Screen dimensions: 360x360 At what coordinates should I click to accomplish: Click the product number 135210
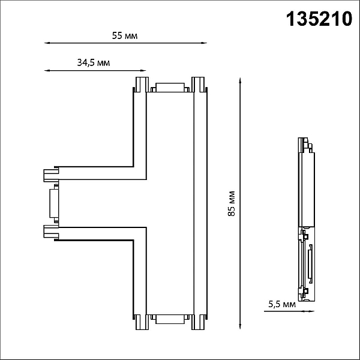[x=319, y=19]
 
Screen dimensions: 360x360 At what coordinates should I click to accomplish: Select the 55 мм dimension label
[x=125, y=36]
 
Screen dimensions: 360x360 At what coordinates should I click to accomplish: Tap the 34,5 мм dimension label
[x=94, y=62]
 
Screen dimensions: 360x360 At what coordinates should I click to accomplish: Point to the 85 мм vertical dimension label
[x=232, y=203]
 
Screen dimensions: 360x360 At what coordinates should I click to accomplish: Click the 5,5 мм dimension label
[x=282, y=304]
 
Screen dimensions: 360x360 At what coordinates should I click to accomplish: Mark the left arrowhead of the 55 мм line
[x=46, y=43]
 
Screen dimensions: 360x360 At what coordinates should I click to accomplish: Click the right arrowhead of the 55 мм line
[x=205, y=43]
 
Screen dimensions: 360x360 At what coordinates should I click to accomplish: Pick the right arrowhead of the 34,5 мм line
[x=144, y=70]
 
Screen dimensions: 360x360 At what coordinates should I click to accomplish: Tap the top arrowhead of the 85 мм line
[x=240, y=80]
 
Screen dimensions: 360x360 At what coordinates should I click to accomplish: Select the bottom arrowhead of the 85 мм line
[x=240, y=327]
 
